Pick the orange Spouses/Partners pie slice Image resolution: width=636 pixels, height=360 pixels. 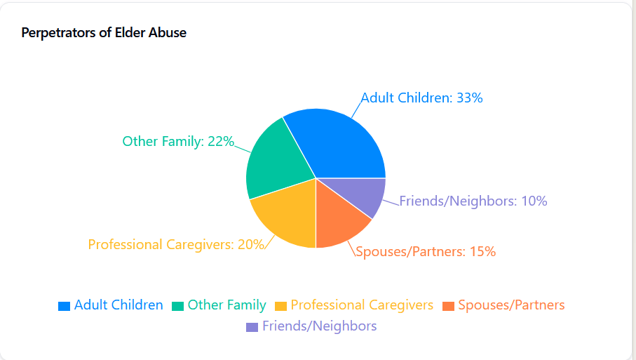[339, 217]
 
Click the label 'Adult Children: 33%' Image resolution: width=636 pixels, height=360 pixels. [421, 98]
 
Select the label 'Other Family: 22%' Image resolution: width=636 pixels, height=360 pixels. [178, 141]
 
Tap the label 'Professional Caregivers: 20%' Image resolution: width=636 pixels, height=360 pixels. [176, 245]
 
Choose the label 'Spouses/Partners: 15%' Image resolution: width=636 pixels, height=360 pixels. [426, 251]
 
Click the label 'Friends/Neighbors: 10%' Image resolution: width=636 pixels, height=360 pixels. [473, 201]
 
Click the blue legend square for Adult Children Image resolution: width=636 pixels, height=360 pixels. [65, 306]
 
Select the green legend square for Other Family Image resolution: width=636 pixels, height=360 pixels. [178, 306]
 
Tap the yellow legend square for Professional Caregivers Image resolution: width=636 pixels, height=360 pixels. [281, 306]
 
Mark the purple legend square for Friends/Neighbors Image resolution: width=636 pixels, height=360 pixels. [252, 327]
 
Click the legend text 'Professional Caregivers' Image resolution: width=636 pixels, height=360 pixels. [362, 305]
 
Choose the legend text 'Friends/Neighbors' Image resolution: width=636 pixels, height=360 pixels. [319, 326]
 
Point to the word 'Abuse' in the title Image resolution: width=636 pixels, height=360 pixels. [170, 33]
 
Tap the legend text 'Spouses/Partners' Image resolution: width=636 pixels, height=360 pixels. [511, 305]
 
